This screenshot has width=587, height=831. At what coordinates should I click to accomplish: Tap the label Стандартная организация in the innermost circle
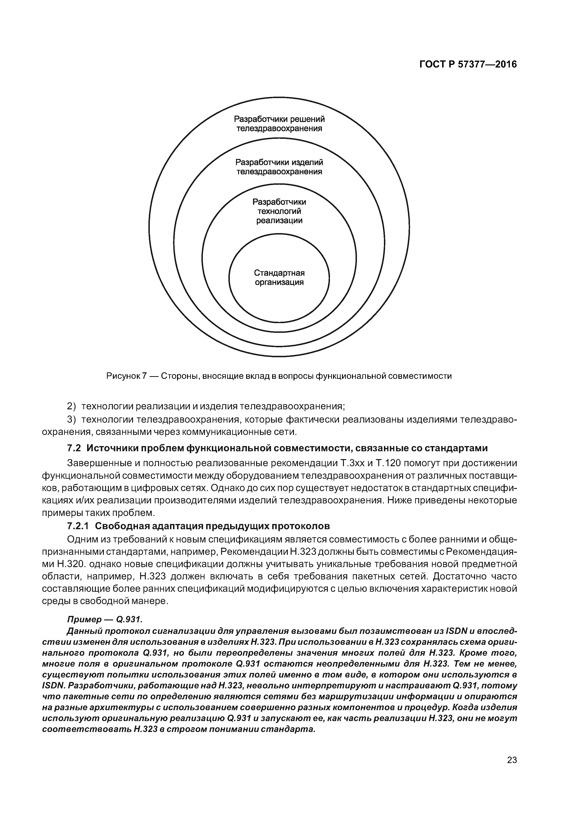(x=279, y=277)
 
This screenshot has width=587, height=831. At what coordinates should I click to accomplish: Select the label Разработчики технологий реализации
(x=279, y=211)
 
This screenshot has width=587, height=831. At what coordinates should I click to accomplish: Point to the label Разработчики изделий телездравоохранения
(x=279, y=167)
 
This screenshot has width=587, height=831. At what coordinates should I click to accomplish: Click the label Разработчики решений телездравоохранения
(x=279, y=124)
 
